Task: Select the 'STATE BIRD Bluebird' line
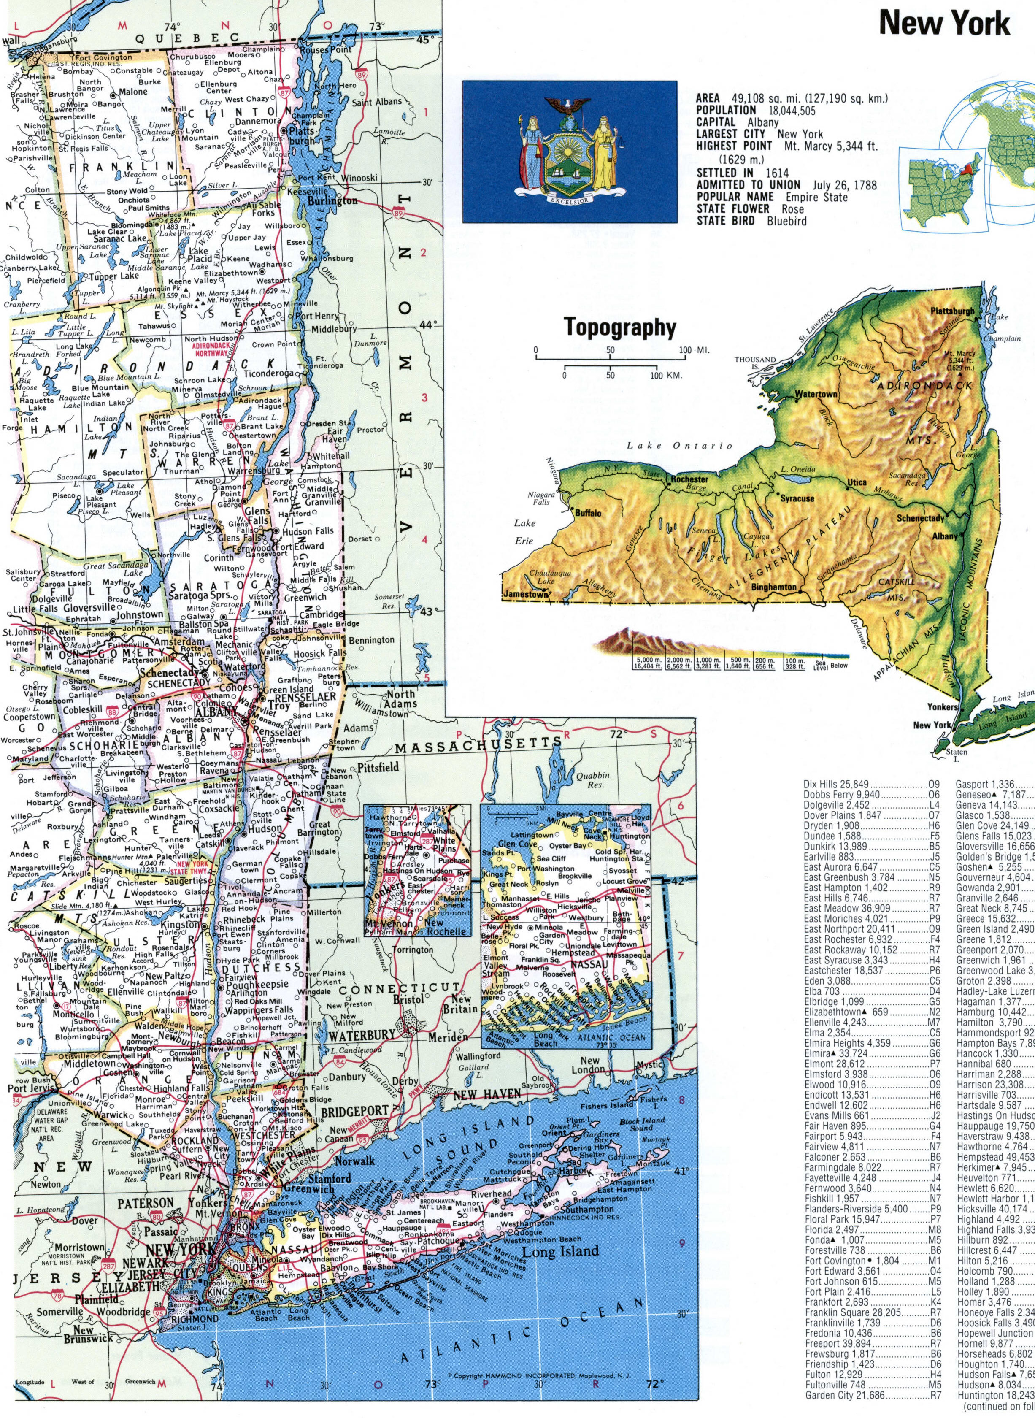(751, 221)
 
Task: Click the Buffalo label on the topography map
(588, 513)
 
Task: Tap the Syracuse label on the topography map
(797, 499)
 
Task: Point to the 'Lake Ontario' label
(680, 446)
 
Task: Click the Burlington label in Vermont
(332, 201)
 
